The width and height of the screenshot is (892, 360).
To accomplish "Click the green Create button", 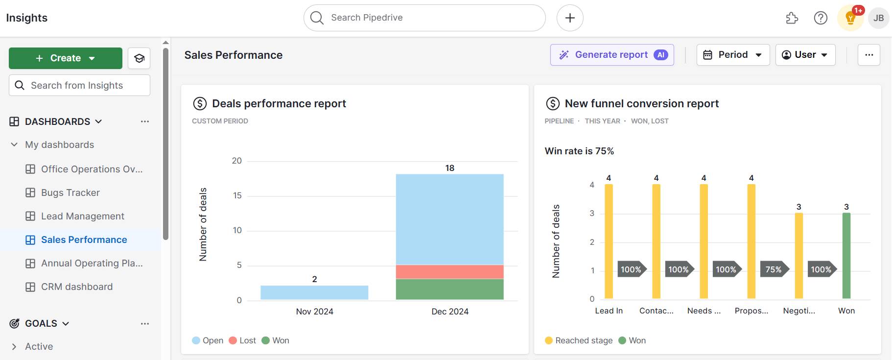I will tap(65, 58).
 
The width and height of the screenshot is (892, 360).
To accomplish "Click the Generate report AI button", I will tap(611, 55).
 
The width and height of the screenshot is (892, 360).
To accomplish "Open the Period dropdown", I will tap(732, 55).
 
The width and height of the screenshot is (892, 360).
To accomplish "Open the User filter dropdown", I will tap(805, 55).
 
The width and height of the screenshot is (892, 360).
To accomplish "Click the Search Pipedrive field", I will tap(424, 18).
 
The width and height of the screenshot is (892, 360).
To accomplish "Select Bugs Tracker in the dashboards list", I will tap(70, 192).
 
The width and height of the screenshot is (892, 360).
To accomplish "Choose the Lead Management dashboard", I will tap(82, 216).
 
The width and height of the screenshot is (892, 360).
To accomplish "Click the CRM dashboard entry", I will tap(76, 287).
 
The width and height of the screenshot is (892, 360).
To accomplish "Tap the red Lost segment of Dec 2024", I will tap(449, 272).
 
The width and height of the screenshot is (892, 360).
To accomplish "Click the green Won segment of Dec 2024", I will tap(449, 289).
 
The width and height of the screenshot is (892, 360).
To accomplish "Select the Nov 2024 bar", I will tap(314, 292).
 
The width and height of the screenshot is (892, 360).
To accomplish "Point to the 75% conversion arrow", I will tap(774, 269).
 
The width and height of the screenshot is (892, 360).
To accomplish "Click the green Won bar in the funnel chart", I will tap(846, 255).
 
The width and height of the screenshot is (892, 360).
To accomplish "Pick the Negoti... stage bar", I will tap(798, 255).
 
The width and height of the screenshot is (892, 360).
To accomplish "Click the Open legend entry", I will tap(208, 340).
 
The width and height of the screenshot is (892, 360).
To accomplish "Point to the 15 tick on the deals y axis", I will tap(237, 195).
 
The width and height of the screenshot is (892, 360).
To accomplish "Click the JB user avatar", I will tap(878, 18).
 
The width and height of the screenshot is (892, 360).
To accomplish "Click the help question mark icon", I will tap(821, 18).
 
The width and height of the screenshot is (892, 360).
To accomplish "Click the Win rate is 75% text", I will tap(579, 151).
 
